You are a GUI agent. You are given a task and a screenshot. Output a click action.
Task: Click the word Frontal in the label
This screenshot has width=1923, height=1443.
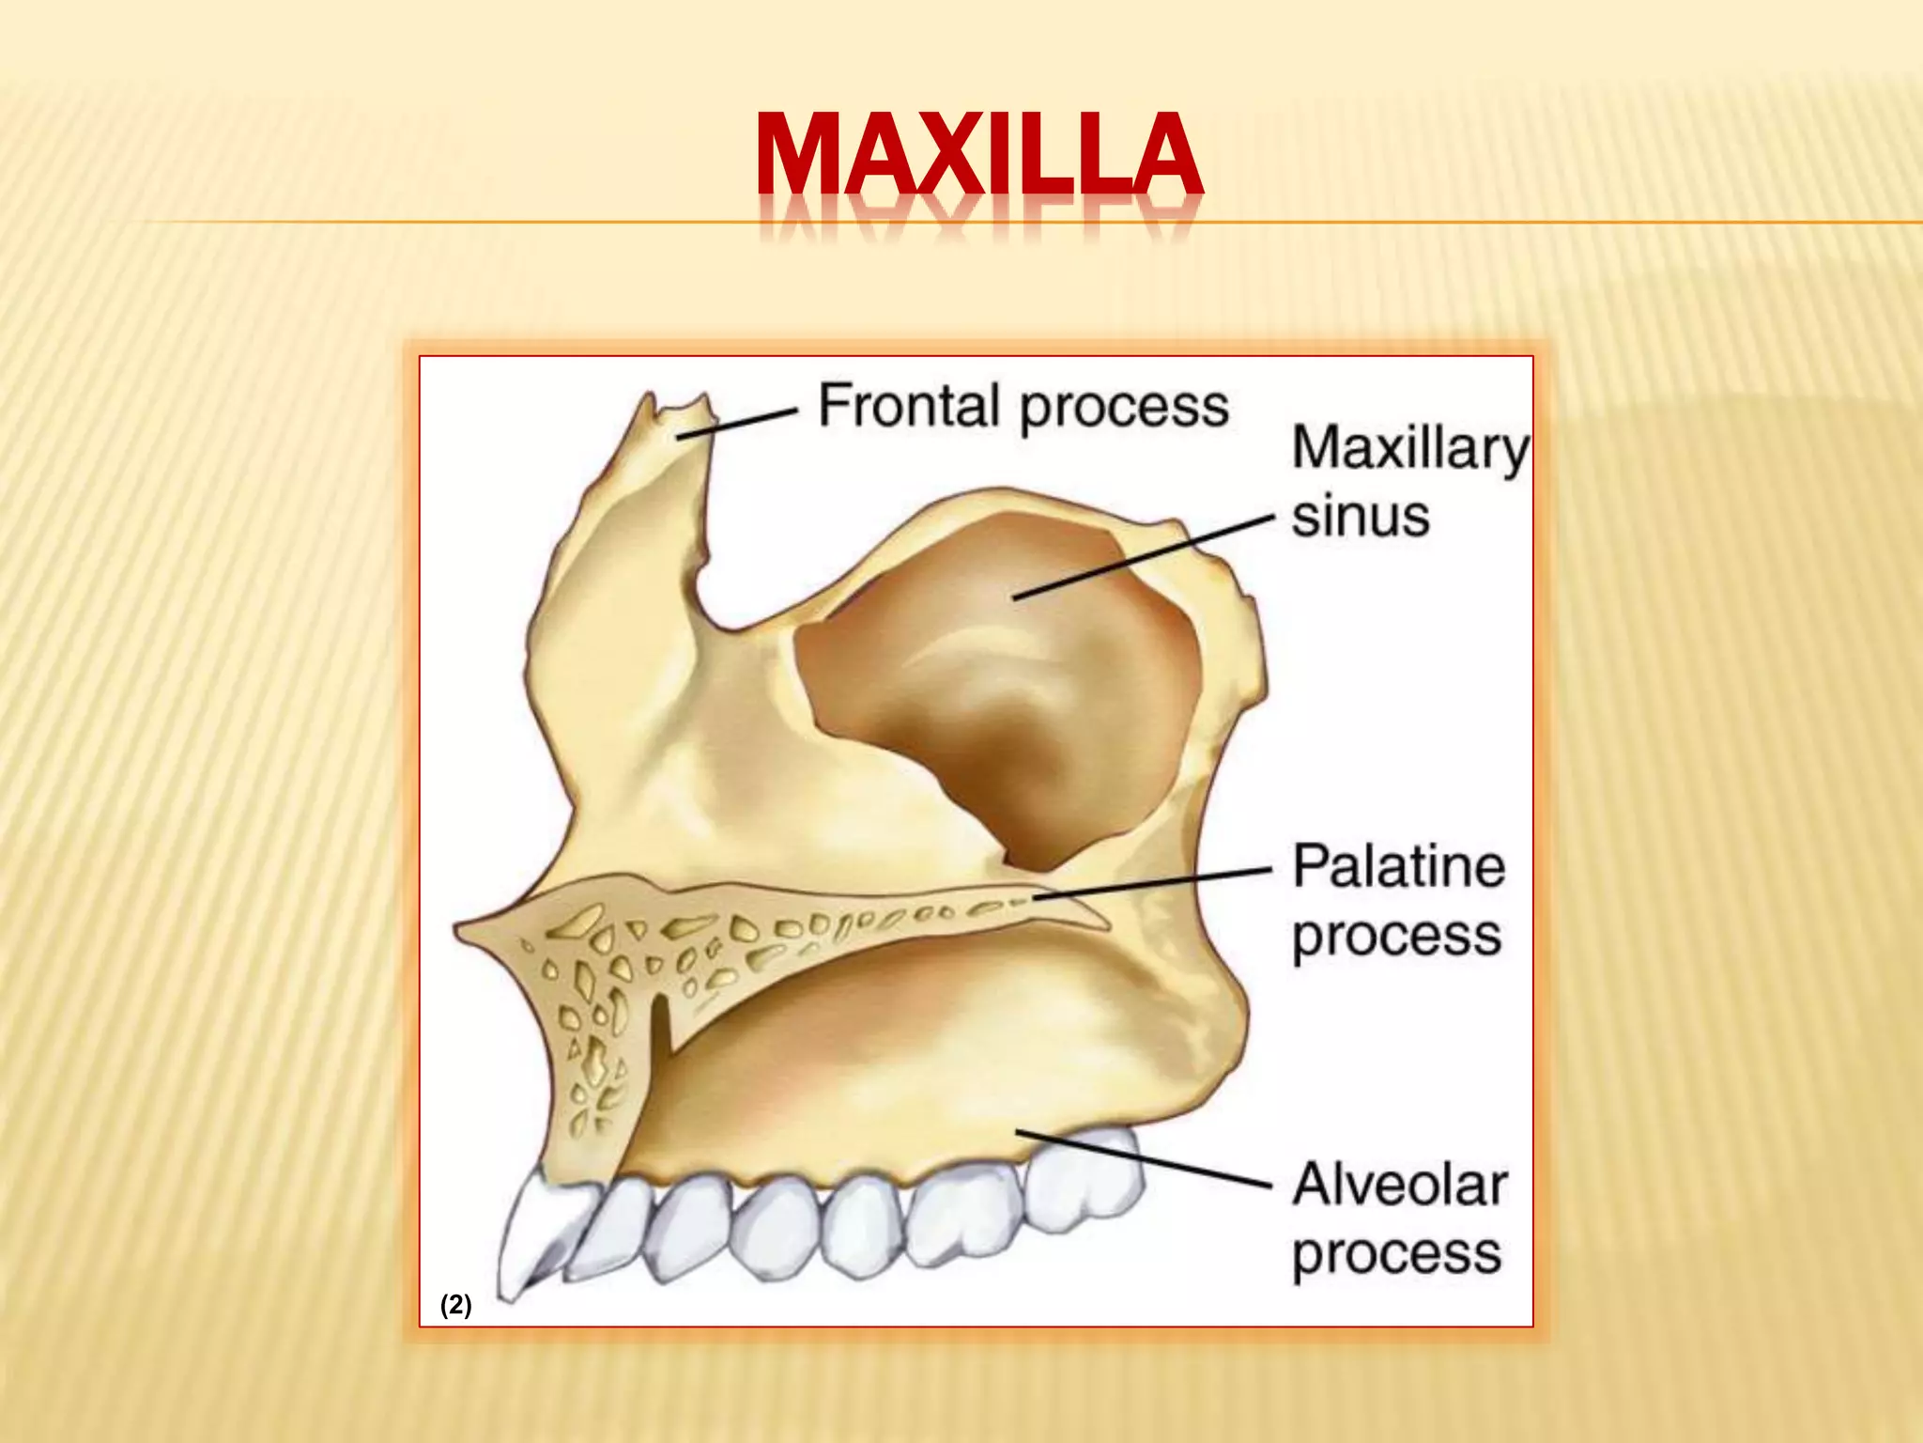tap(908, 406)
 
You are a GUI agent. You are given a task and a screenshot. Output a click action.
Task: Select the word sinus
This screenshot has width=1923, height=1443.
tap(1360, 518)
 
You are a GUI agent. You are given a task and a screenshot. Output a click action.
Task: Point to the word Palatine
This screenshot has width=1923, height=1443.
tap(1398, 866)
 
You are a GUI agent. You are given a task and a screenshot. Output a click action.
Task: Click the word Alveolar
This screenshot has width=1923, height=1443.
tap(1399, 1185)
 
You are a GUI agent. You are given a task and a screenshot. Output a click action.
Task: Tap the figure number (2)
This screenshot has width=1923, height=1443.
tap(456, 1305)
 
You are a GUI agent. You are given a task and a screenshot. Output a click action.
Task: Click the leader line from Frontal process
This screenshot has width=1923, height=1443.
tap(737, 424)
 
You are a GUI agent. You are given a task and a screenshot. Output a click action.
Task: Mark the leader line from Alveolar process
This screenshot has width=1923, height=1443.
tap(1143, 1158)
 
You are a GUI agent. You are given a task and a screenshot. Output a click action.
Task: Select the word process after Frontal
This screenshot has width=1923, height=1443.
tap(1123, 408)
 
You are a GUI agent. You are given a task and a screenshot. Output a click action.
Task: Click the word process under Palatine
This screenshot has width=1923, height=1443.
tap(1396, 937)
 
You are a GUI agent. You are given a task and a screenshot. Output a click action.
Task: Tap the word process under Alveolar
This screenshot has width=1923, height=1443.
tap(1396, 1254)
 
